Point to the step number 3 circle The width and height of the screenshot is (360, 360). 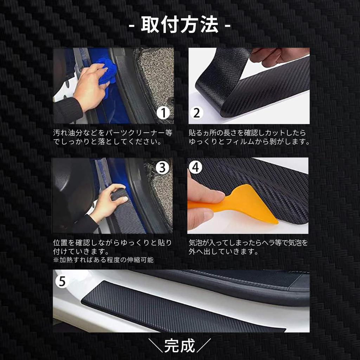click(162, 168)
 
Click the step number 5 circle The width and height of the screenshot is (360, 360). click(62, 281)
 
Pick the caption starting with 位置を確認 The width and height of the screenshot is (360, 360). click(112, 247)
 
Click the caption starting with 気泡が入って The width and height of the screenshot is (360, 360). click(248, 247)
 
